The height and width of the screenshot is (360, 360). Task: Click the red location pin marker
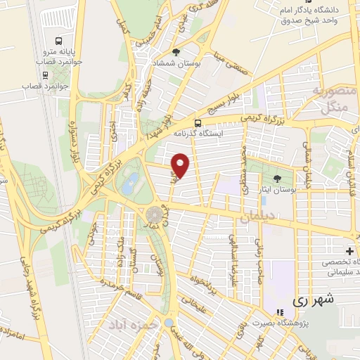181,165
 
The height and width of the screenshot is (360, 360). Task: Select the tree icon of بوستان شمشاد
176,52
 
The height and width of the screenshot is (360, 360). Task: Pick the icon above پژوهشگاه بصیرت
280,312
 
